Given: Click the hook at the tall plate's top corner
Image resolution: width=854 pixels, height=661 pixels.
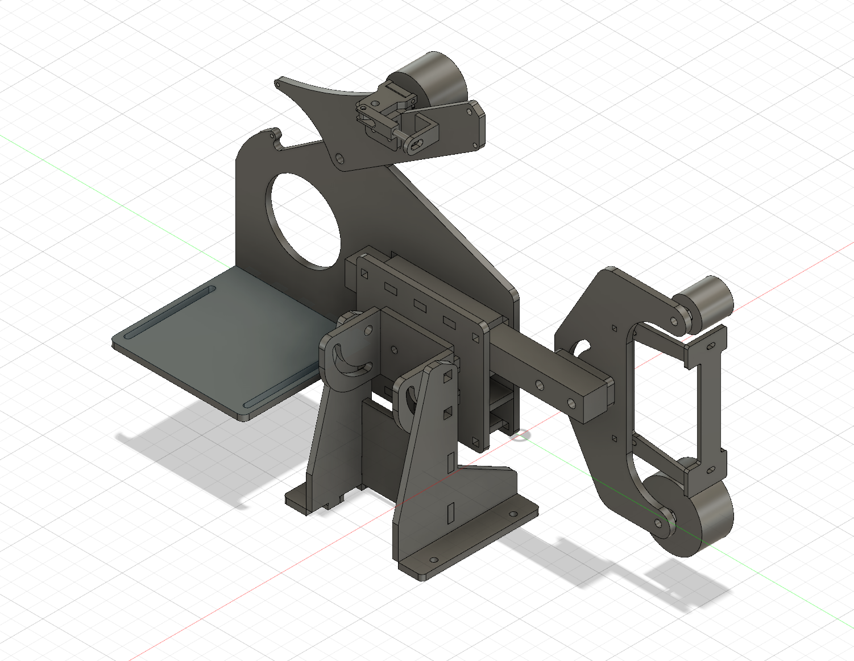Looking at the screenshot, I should (273, 136).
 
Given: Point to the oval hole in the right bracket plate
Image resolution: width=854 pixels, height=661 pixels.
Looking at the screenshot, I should (581, 348).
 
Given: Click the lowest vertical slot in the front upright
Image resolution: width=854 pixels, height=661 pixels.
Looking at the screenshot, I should (452, 512).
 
